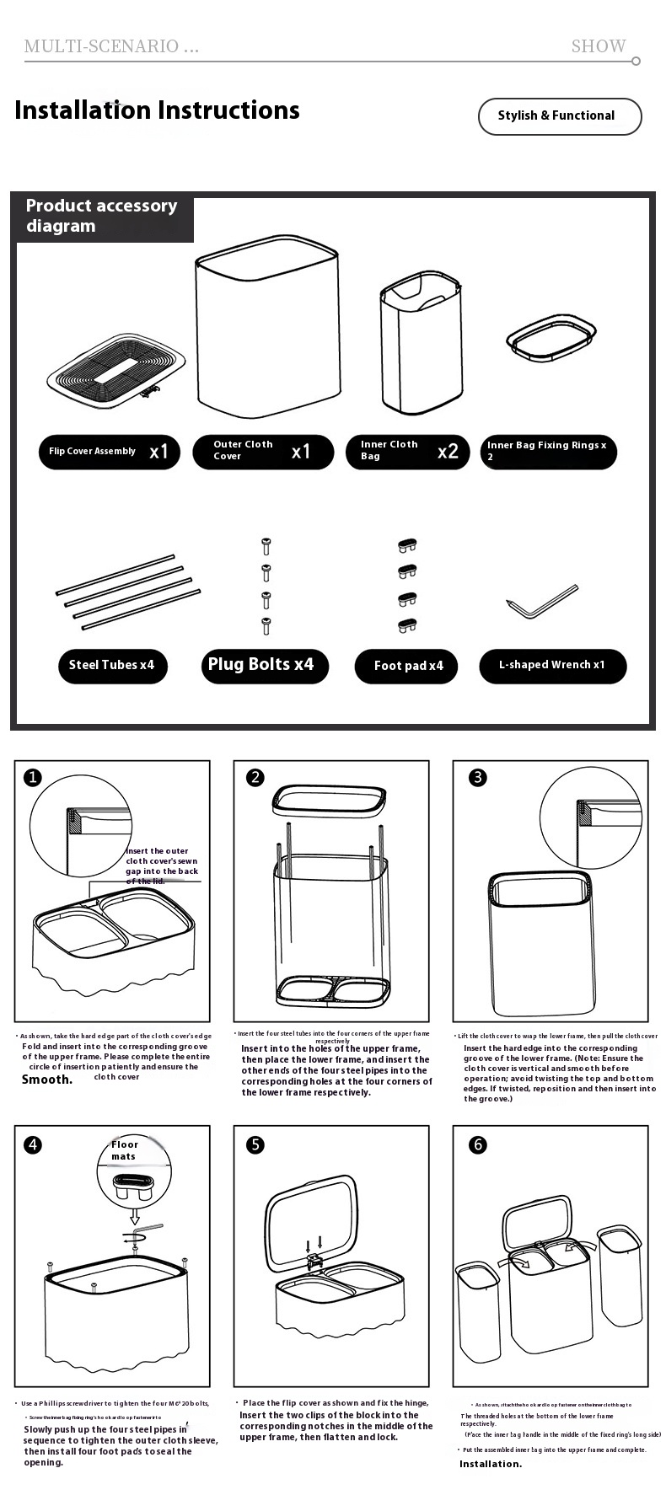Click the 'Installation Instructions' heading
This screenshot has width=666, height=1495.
(157, 110)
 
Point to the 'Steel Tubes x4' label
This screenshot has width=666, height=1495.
(112, 666)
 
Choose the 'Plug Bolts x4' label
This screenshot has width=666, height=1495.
(261, 665)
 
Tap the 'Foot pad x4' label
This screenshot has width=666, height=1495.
(409, 666)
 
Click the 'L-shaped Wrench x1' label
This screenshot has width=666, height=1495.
(552, 665)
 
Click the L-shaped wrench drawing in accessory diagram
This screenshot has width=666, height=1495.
(543, 600)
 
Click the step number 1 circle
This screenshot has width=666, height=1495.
(32, 778)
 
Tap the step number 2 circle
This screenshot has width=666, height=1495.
(255, 778)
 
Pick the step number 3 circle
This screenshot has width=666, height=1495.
(478, 778)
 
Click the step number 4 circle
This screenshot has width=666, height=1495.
(32, 1144)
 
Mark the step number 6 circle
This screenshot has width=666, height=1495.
(478, 1144)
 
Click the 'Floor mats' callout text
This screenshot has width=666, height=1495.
(125, 1149)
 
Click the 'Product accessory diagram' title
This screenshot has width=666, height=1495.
(101, 216)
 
